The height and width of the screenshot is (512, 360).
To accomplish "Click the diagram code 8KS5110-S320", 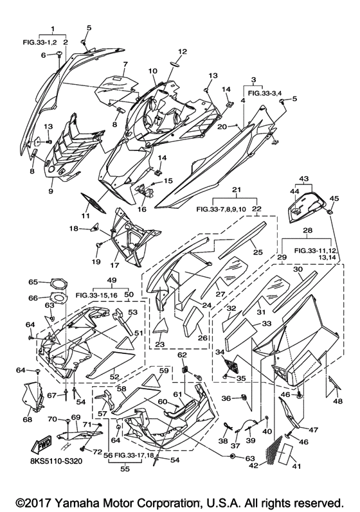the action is [x=54, y=461].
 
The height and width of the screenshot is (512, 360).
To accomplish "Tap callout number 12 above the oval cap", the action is [x=183, y=51].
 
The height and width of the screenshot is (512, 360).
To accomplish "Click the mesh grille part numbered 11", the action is [x=93, y=202].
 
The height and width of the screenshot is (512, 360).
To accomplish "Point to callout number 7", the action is [x=125, y=64].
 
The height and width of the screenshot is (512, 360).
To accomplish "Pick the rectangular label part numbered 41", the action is [x=288, y=454].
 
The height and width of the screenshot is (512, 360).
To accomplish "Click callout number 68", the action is [x=28, y=419].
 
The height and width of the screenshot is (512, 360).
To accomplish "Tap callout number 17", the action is [x=114, y=265].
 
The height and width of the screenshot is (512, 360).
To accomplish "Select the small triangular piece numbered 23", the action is [x=159, y=326].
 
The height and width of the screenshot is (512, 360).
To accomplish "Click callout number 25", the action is [x=258, y=252].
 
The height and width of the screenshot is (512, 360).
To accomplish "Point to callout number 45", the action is [x=334, y=199].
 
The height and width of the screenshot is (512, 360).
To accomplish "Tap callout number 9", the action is [x=51, y=191].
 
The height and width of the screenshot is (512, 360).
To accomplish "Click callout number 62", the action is [x=182, y=355].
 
